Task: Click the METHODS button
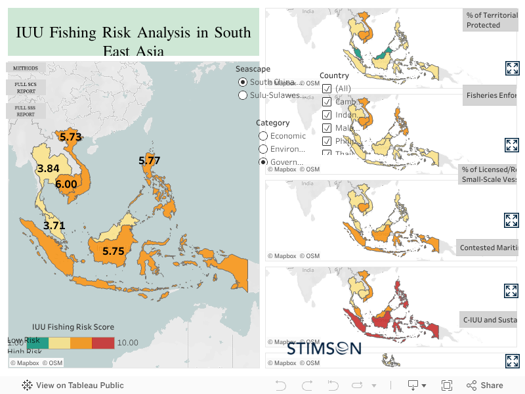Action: point(26,68)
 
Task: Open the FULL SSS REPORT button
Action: point(26,110)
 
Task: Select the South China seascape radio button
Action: point(243,82)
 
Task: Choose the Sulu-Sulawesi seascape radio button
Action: point(243,95)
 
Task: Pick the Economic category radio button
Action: point(263,136)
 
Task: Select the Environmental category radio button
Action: point(263,149)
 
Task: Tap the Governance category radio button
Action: point(263,162)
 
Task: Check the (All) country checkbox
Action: point(327,89)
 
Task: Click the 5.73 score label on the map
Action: point(70,137)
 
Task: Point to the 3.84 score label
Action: point(48,169)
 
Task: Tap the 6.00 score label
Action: point(66,185)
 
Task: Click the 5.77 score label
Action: point(149,160)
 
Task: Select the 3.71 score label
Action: point(54,225)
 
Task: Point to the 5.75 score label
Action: point(113,251)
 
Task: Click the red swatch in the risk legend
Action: point(102,342)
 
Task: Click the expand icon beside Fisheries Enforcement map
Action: point(512,145)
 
